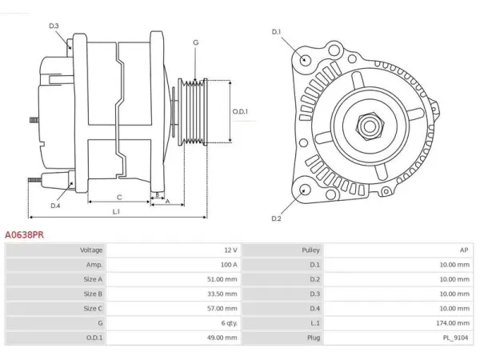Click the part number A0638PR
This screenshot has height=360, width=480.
point(24,234)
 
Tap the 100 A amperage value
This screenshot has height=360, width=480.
point(229,265)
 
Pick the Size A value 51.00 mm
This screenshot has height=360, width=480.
point(222,279)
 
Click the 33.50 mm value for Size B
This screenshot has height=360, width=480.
point(222,294)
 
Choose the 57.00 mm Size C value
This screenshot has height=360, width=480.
point(222,308)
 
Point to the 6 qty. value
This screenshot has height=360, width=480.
point(230,323)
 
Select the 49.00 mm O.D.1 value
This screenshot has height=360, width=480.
point(222,338)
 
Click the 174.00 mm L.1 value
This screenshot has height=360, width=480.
point(453,323)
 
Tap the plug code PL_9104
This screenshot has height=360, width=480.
point(455,338)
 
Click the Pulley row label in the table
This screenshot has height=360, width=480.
point(310,250)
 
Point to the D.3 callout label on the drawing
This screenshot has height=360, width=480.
point(54,26)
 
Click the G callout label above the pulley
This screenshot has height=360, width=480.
point(196,42)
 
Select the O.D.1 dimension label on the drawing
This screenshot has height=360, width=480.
point(240,111)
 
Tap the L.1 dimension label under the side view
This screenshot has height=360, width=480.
point(116,211)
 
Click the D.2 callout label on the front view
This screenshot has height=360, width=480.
point(276,218)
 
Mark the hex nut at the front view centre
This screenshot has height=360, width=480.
point(370,126)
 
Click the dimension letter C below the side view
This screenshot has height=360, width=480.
point(119,198)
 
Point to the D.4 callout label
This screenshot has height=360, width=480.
point(55,206)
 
